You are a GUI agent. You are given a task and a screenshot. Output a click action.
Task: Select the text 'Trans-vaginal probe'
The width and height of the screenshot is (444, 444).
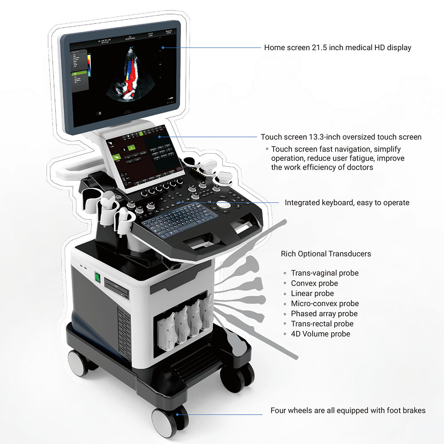tap(325, 273)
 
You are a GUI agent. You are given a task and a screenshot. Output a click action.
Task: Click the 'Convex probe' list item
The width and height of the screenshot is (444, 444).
tap(314, 284)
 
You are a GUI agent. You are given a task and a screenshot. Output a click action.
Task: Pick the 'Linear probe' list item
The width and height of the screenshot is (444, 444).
tap(312, 294)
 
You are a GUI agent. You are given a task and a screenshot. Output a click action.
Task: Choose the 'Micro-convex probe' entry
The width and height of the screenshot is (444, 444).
tap(325, 304)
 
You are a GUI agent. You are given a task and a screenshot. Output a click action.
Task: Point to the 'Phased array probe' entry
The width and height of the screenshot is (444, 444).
tap(324, 314)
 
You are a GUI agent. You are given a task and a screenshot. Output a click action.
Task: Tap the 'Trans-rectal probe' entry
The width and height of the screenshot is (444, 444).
tap(322, 324)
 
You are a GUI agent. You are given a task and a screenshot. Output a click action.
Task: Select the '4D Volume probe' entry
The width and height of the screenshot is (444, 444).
tap(320, 334)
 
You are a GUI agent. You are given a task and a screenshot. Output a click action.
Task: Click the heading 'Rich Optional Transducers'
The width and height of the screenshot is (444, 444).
tap(325, 254)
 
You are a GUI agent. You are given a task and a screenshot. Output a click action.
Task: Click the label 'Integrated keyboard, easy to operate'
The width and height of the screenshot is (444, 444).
tap(347, 203)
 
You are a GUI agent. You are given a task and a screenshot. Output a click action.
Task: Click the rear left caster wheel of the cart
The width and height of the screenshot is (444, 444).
tap(77, 361)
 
